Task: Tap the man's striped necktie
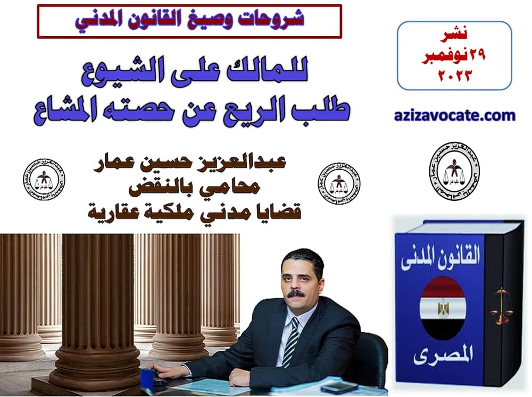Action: pos(292,340)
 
